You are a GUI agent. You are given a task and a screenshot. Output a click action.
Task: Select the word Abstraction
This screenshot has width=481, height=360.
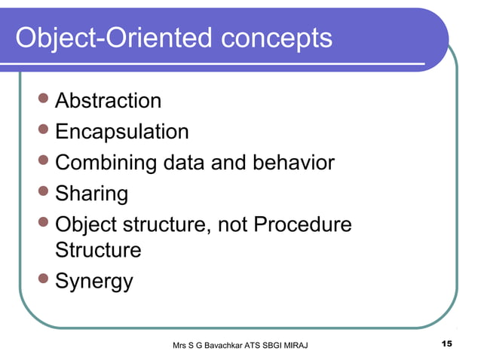tap(109, 100)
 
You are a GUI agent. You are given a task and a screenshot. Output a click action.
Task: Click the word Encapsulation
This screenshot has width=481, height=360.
tap(122, 133)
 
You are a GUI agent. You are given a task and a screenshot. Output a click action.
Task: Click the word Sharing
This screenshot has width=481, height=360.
tap(92, 194)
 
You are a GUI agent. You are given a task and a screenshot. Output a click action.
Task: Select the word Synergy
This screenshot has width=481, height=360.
tap(95, 282)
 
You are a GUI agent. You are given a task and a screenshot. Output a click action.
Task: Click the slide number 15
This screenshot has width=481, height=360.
tap(446, 344)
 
